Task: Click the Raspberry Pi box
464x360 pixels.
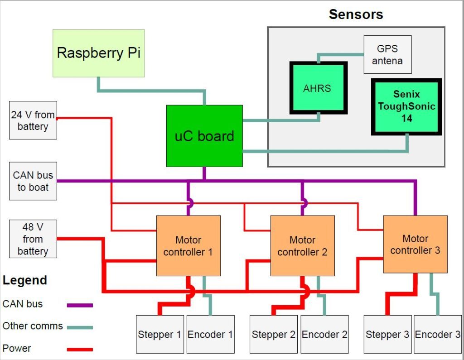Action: pos(98,53)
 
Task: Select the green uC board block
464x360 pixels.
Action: pos(204,136)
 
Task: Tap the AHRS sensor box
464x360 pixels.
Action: pos(317,88)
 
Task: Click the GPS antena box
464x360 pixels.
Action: pos(387,54)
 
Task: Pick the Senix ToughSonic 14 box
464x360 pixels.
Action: pos(406,106)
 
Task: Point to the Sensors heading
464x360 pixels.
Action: pos(356,14)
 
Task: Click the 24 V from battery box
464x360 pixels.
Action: pos(33,120)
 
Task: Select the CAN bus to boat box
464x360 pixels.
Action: pos(33,181)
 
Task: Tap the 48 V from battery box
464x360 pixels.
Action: pos(33,239)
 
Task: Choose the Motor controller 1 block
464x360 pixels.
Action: pos(188,245)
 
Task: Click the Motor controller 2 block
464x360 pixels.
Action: pos(302,245)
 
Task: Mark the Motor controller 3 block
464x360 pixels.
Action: pos(415,244)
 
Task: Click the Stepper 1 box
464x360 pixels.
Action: pos(159,334)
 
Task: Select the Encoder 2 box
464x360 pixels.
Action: pos(324,334)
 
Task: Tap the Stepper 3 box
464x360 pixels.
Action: pos(387,334)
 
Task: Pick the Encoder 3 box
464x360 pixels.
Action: pos(437,334)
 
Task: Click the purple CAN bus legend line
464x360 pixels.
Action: pos(80,305)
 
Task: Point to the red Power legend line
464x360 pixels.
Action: pos(80,349)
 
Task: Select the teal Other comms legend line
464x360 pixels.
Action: pos(80,327)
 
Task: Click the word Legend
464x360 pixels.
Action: pos(24,280)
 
